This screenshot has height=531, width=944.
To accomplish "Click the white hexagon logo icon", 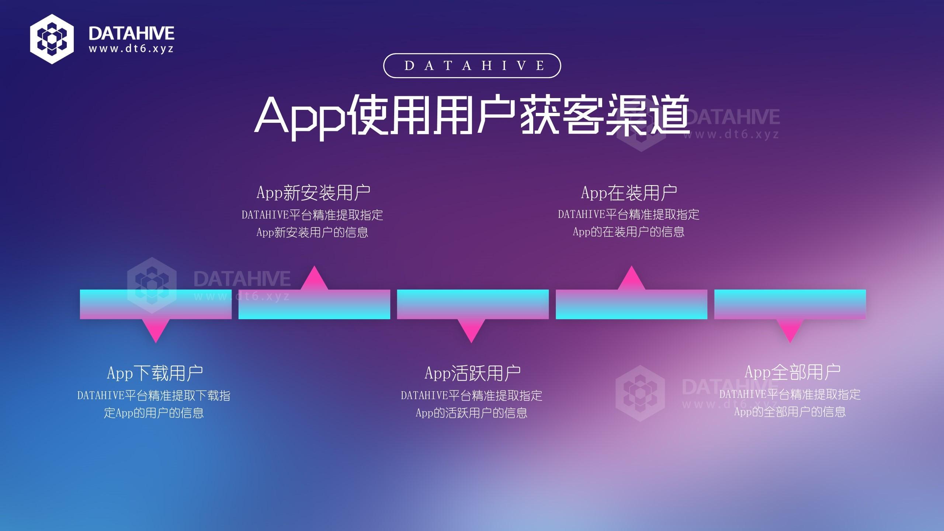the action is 52,39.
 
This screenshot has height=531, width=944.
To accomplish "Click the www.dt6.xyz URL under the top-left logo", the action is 131,49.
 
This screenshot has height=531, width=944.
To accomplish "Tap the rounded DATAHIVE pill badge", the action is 472,66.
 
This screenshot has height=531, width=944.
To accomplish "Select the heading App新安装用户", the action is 313,192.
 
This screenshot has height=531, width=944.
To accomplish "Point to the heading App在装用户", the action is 629,192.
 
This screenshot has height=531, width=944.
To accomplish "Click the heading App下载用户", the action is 155,373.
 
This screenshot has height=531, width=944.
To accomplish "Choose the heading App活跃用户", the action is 472,373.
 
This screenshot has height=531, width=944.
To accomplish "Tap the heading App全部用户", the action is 792,372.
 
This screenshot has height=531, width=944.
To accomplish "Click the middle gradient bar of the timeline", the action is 473,304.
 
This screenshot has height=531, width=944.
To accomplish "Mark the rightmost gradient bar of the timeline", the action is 790,304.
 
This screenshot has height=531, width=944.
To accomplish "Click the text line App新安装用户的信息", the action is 312,232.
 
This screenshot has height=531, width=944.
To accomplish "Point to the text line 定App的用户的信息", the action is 154,413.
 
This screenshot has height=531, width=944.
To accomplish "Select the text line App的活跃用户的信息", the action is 472,413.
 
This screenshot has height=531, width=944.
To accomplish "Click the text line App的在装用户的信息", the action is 629,232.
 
